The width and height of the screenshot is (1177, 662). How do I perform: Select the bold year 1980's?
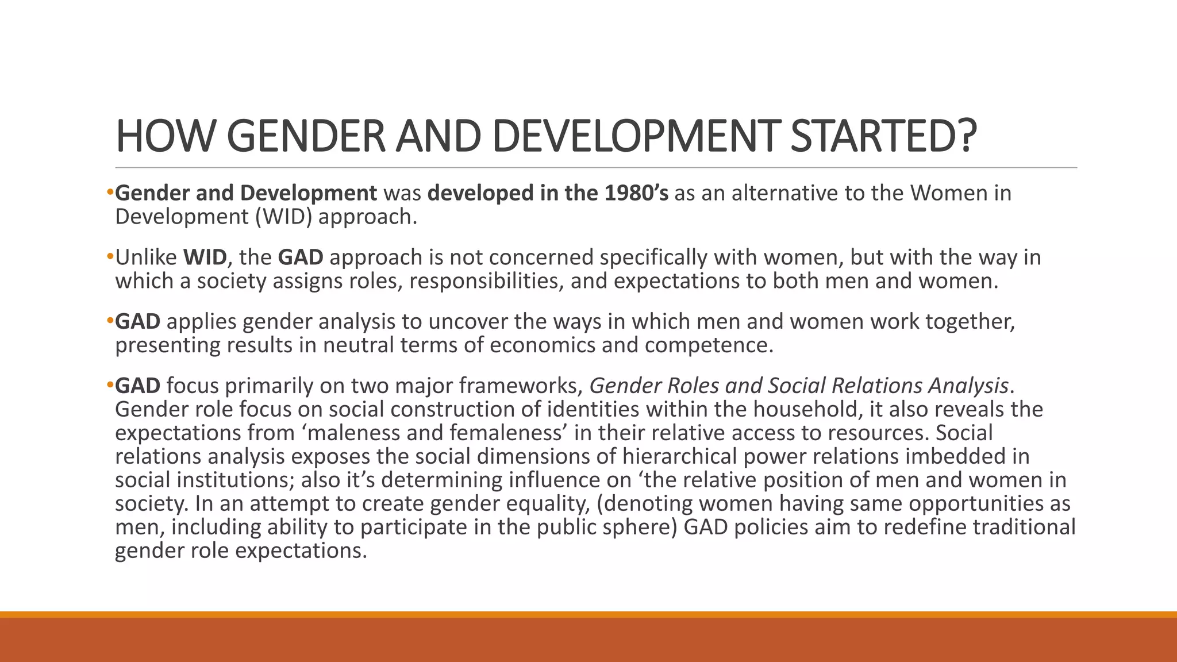[636, 193]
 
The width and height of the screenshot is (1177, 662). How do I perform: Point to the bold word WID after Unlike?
[205, 257]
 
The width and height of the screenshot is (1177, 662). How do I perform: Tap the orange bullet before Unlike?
[110, 257]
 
